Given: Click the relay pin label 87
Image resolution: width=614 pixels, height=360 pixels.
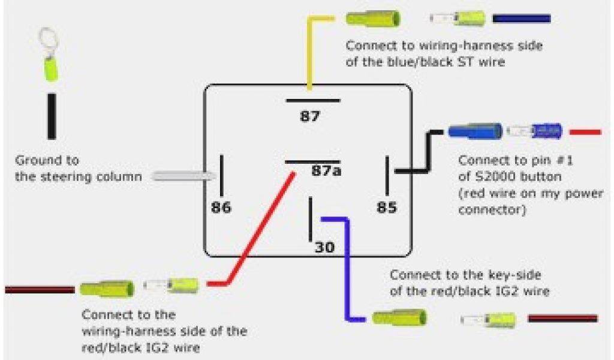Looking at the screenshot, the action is [310, 116].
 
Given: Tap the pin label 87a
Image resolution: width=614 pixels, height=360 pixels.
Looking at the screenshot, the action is [326, 172].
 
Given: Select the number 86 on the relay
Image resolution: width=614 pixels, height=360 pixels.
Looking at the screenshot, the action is [221, 208].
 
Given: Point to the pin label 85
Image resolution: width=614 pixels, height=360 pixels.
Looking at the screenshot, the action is [387, 208].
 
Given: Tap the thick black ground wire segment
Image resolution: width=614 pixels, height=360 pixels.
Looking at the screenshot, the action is [52, 116].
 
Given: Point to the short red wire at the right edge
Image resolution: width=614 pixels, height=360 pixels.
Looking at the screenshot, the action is [585, 131].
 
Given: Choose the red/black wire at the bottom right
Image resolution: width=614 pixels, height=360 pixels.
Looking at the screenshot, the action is [562, 318].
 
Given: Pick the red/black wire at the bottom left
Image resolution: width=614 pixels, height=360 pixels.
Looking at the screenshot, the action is [39, 290].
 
